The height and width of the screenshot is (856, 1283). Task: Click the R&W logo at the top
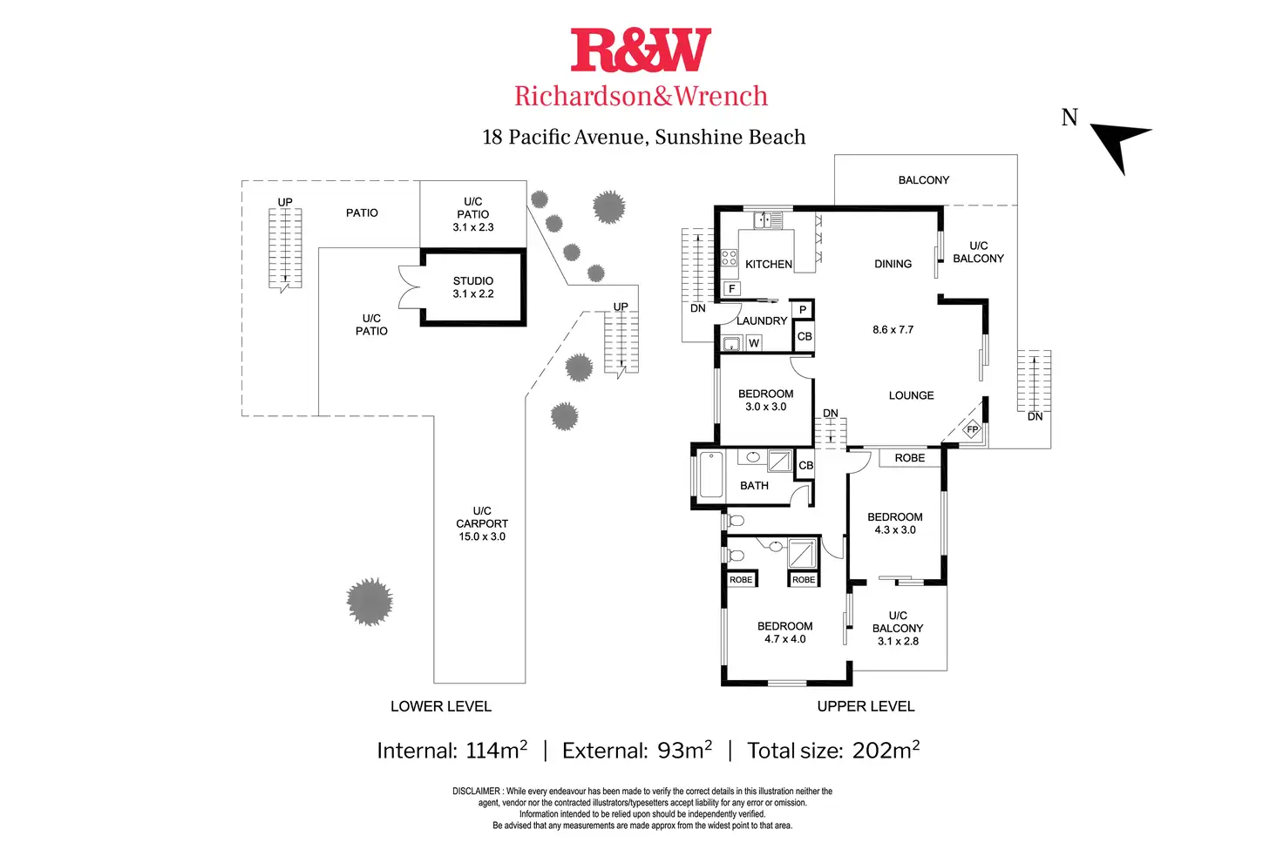[x=641, y=51]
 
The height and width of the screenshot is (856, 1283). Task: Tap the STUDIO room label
[x=473, y=281]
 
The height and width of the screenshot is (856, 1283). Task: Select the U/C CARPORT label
[x=482, y=517]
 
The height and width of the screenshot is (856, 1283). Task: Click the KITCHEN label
[x=769, y=264]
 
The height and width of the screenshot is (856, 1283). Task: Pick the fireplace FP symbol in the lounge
[x=972, y=429]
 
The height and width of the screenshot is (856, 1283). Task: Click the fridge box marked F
[x=732, y=288]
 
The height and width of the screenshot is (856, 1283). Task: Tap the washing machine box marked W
[x=754, y=343]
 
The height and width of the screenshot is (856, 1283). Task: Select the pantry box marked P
[x=803, y=310]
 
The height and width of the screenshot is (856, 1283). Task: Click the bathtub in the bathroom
[x=711, y=475]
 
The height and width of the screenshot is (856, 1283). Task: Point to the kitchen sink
[x=762, y=220]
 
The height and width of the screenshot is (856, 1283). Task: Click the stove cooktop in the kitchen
[x=730, y=257]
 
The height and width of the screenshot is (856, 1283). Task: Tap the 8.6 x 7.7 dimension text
[x=893, y=330]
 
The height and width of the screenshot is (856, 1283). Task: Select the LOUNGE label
[x=911, y=395]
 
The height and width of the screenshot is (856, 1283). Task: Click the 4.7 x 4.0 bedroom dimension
[x=785, y=639]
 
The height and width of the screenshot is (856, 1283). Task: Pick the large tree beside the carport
[x=370, y=601]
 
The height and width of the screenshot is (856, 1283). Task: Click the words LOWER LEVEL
[x=441, y=706]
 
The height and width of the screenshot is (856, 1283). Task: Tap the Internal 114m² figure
[x=451, y=751]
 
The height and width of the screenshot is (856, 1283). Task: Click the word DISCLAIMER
[x=476, y=792]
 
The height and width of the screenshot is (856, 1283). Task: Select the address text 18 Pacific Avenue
[x=564, y=137]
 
